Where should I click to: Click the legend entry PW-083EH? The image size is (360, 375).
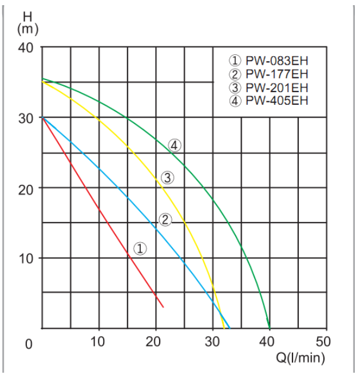[270, 60]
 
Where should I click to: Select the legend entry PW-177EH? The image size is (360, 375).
[270, 74]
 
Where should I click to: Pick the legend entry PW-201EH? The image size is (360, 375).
[270, 88]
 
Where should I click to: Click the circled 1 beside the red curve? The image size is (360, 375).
[140, 248]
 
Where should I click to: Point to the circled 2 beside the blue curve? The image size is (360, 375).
[165, 219]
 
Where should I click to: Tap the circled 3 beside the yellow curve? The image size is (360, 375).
[167, 178]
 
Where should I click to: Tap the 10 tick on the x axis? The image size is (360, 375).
[99, 343]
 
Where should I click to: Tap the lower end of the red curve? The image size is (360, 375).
[163, 307]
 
